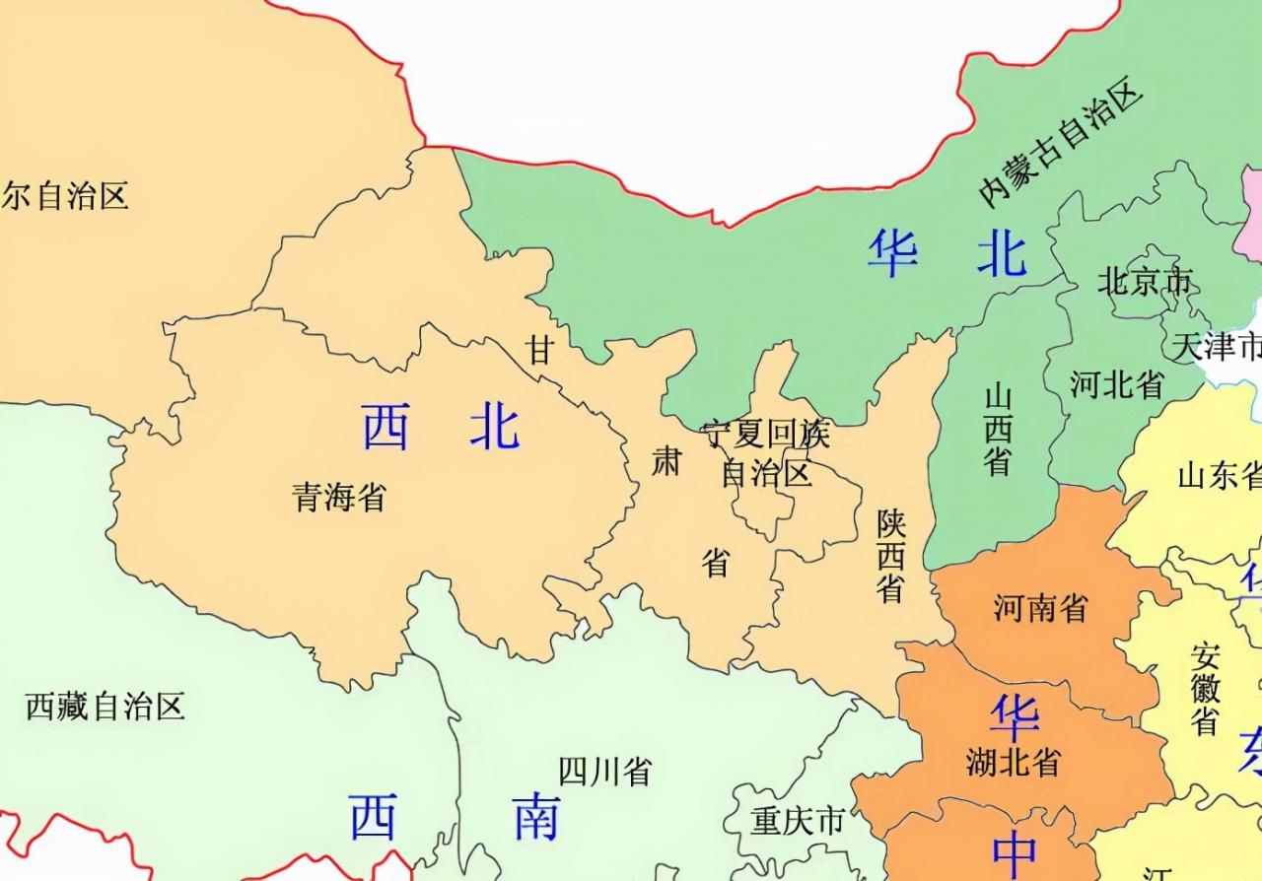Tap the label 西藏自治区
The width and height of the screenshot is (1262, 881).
click(105, 707)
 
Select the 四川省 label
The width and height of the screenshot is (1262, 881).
click(604, 772)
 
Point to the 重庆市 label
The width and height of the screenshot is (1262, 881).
click(798, 820)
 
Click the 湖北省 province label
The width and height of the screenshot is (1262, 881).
click(1013, 762)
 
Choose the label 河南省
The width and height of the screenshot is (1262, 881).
click(1040, 608)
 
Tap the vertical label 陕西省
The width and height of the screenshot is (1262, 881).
click(891, 556)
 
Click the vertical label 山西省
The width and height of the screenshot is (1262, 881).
click(998, 430)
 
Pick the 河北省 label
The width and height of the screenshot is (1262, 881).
click(1117, 384)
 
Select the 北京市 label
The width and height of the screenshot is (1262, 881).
click(1145, 283)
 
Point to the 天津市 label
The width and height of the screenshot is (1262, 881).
click(1218, 346)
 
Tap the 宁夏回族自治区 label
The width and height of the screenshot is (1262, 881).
click(766, 454)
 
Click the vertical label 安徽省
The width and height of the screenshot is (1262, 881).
click(1205, 690)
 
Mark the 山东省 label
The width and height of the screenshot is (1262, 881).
click(1220, 476)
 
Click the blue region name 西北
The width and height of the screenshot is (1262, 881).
click(440, 428)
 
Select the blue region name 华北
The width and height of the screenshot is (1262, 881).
click(947, 254)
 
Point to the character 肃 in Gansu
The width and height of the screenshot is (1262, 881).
click(666, 460)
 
